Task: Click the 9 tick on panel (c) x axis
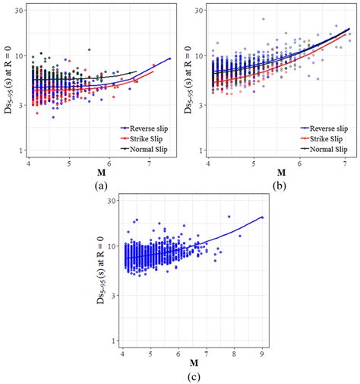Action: click(263, 354)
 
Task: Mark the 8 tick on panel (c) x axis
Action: click(235, 354)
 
